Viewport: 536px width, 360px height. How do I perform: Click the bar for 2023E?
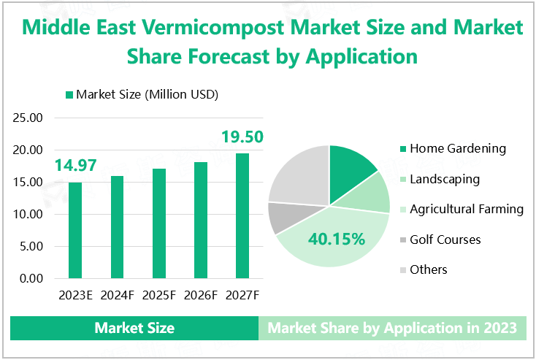click(75, 230)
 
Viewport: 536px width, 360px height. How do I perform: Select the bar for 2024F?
click(117, 227)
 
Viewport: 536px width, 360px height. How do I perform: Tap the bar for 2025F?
click(159, 223)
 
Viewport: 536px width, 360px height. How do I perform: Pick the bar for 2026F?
click(201, 220)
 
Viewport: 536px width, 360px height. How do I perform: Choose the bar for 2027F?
click(242, 215)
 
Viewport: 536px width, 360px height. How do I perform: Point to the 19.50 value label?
click(242, 137)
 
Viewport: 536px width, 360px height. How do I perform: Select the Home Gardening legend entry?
click(457, 148)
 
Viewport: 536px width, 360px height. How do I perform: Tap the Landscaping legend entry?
click(444, 179)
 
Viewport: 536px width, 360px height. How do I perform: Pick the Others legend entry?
click(428, 269)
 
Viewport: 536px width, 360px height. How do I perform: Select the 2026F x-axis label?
click(201, 295)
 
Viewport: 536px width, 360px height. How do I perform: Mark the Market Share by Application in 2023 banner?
click(392, 328)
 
